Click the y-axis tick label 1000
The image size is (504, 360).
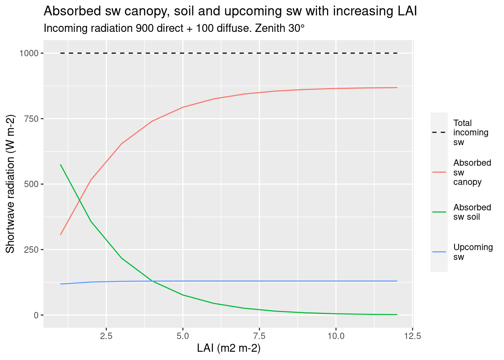pos(29,53)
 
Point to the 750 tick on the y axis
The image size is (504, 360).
pos(31,119)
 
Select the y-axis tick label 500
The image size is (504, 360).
pos(31,184)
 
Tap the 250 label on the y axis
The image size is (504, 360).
pos(31,250)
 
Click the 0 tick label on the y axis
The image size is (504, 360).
pos(36,315)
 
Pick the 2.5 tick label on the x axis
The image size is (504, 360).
pos(106,336)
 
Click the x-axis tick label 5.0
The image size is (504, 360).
pos(183,336)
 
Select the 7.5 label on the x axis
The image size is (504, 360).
pos(259,336)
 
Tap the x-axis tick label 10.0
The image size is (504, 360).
pos(336,336)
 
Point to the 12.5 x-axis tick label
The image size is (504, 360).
pos(412,336)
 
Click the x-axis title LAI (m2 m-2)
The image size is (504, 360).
pos(229,348)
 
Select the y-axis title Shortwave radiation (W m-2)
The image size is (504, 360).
pos(10,184)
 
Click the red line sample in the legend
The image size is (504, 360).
pos(439,172)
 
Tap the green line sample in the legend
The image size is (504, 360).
pos(439,212)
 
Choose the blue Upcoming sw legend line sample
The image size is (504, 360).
pos(439,252)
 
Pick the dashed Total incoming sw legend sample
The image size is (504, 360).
pos(439,132)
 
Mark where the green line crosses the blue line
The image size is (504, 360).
pos(151,281)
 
